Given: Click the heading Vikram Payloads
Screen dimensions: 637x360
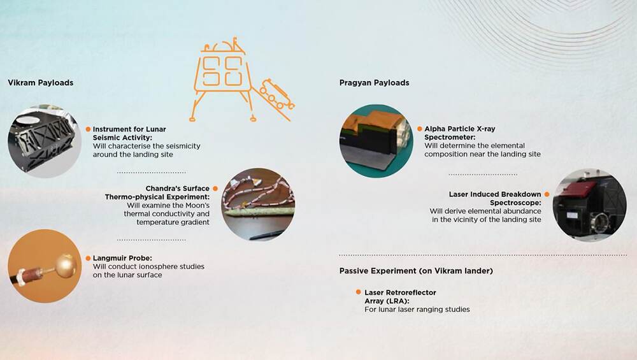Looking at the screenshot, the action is pyautogui.click(x=41, y=82).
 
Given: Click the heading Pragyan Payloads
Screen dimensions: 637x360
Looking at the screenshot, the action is pyautogui.click(x=374, y=82).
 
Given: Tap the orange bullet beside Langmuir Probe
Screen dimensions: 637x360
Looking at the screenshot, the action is pyautogui.click(x=88, y=258).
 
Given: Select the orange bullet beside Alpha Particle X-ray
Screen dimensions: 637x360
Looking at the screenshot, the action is pyautogui.click(x=420, y=129).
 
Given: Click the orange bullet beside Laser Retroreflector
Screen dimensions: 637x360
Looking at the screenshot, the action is pyautogui.click(x=358, y=292).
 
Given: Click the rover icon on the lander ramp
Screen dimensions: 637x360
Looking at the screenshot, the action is pyautogui.click(x=277, y=94).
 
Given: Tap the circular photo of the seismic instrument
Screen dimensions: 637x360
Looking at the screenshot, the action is pyautogui.click(x=45, y=141).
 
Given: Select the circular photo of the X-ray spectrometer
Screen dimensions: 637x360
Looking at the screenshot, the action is pyautogui.click(x=376, y=141).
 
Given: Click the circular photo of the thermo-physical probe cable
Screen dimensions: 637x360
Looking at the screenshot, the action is pyautogui.click(x=259, y=205).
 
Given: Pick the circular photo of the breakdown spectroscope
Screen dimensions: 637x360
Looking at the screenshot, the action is pyautogui.click(x=589, y=205).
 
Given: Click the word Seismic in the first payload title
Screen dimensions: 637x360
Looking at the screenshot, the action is pyautogui.click(x=106, y=138).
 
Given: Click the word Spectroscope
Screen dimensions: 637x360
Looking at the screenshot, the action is pyautogui.click(x=515, y=203).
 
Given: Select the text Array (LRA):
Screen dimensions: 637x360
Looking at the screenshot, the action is pyautogui.click(x=387, y=301).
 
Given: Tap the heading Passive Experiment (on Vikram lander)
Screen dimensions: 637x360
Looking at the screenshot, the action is pyautogui.click(x=416, y=271).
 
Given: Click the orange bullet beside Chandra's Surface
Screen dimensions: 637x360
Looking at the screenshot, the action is pyautogui.click(x=215, y=189).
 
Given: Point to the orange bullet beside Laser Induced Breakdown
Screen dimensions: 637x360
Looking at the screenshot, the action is pyautogui.click(x=547, y=194).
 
